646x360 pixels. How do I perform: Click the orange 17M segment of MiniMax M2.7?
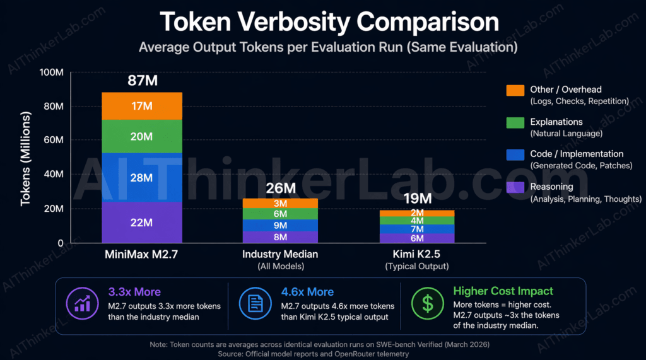[x=142, y=106]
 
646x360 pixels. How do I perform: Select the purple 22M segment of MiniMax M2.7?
[x=142, y=223]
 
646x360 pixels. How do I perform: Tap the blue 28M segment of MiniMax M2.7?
[x=142, y=177]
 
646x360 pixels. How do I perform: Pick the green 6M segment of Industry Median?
[x=281, y=214]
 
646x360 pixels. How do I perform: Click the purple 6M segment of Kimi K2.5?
[x=417, y=238]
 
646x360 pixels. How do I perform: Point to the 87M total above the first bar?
[x=142, y=80]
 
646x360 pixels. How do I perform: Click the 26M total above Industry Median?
[x=281, y=187]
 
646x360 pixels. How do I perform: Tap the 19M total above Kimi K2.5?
[x=417, y=199]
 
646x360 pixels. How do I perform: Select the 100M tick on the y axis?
[x=51, y=73]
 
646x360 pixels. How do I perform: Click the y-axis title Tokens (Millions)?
[x=26, y=159]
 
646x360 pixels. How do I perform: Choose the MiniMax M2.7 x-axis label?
[x=142, y=255]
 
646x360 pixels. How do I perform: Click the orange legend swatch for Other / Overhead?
[x=515, y=90]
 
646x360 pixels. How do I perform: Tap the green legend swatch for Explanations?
[x=515, y=122]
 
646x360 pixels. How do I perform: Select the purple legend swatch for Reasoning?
[x=515, y=187]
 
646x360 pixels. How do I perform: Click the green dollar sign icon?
[x=428, y=305]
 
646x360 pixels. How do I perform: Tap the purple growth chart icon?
[x=82, y=305]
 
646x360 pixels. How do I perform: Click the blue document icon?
[x=255, y=305]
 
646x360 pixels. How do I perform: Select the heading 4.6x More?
[x=303, y=292]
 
